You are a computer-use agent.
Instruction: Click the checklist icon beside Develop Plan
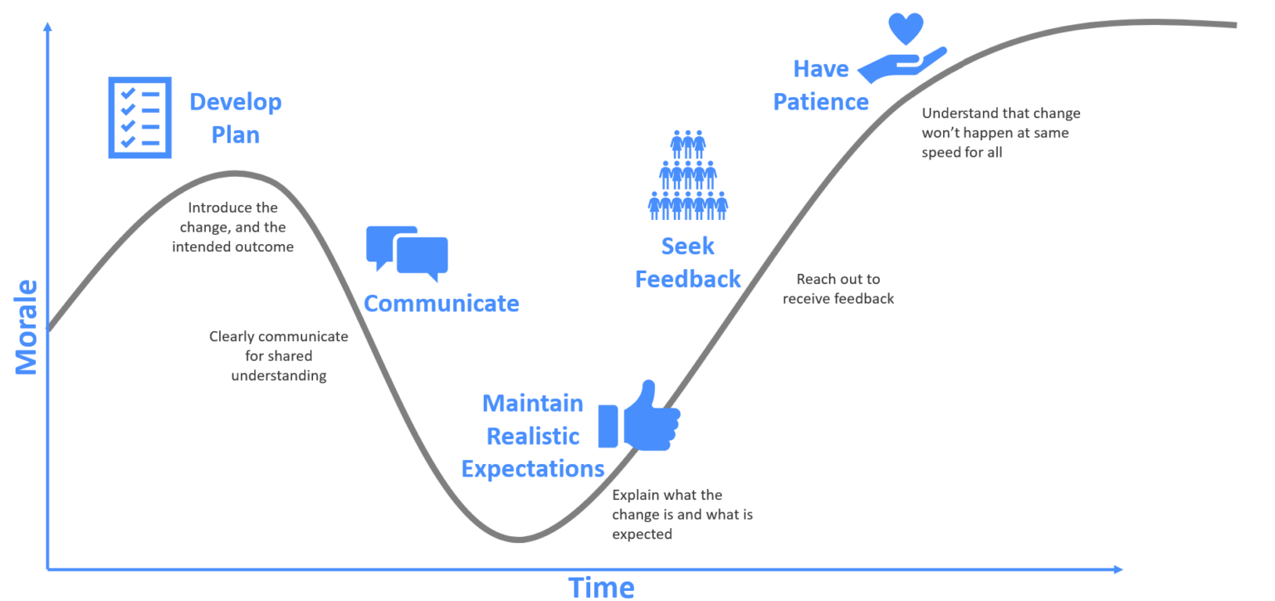[139, 117]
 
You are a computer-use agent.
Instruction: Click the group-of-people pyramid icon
[687, 175]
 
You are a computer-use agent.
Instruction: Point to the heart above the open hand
[906, 28]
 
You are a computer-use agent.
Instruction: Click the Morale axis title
[27, 327]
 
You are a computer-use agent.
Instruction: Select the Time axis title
[601, 587]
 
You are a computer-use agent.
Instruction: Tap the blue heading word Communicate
[442, 304]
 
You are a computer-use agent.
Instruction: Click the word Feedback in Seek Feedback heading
[687, 279]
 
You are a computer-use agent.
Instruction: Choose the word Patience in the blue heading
[821, 102]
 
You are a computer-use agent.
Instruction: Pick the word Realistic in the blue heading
[533, 436]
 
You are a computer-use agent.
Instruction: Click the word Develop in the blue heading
[236, 102]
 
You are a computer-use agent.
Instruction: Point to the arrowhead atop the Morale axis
[47, 27]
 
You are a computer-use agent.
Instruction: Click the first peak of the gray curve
[235, 173]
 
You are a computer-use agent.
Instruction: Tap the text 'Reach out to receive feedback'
[838, 289]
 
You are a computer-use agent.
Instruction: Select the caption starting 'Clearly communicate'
[278, 356]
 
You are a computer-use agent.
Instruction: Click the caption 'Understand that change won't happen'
[1000, 132]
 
